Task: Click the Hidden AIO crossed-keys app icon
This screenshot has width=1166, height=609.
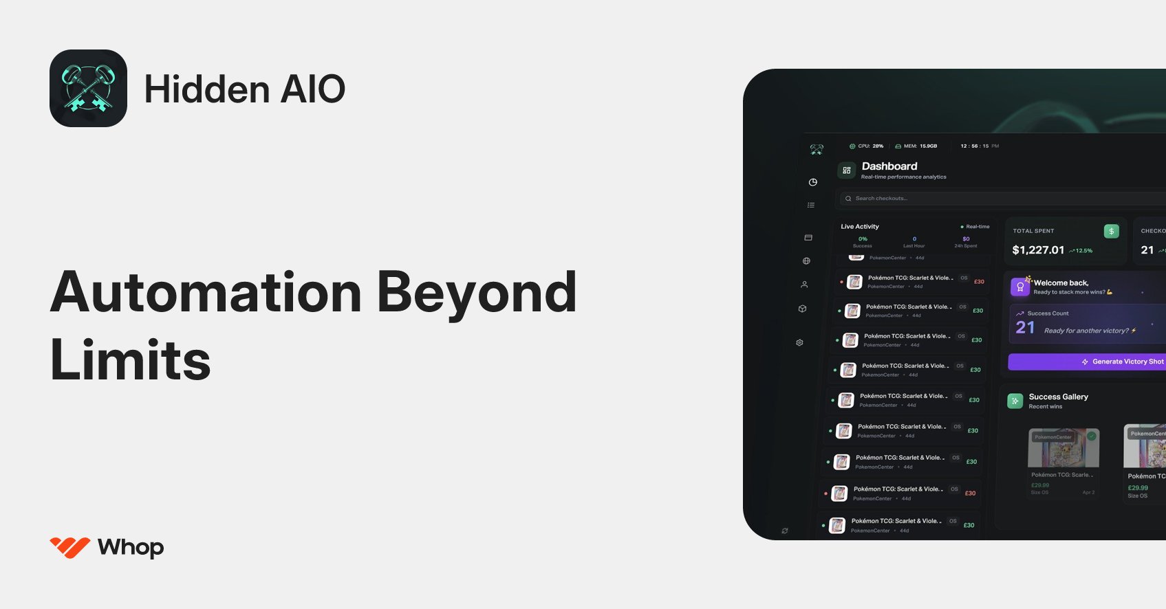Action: tap(88, 88)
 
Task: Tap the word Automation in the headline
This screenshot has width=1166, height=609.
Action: tap(206, 293)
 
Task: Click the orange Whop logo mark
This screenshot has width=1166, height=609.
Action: tap(69, 547)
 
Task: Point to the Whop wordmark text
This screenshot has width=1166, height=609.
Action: tap(131, 547)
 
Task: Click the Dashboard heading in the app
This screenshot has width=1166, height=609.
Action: tap(889, 166)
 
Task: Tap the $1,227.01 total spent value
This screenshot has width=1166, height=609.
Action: tap(1038, 250)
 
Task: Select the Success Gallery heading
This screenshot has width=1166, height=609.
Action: tap(1058, 397)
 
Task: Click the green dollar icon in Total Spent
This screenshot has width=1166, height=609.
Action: tap(1111, 231)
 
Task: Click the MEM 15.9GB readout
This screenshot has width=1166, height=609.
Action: tap(916, 146)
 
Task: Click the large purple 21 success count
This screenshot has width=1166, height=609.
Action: tap(1025, 328)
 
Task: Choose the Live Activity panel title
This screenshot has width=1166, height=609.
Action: tap(860, 226)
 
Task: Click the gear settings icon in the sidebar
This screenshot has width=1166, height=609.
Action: tap(799, 342)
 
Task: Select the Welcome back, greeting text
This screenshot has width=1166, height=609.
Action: tap(1061, 283)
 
